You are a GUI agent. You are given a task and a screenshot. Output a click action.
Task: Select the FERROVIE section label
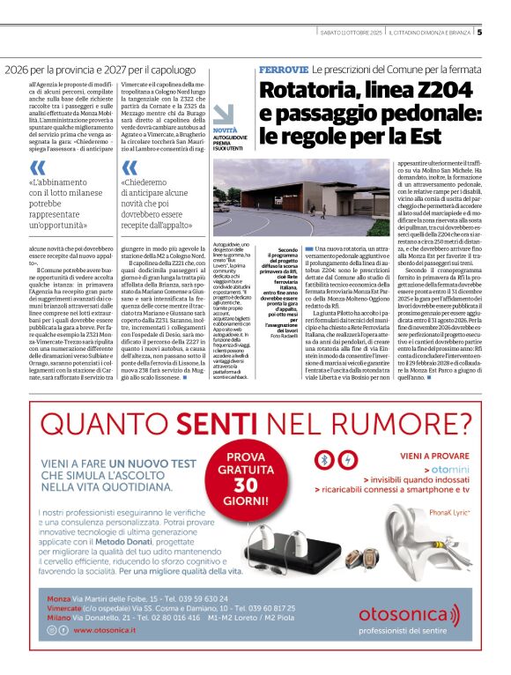[283, 68]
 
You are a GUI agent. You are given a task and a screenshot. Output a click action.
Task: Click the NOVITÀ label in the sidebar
[225, 130]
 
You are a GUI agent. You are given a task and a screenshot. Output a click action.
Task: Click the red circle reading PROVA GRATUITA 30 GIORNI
[255, 476]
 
